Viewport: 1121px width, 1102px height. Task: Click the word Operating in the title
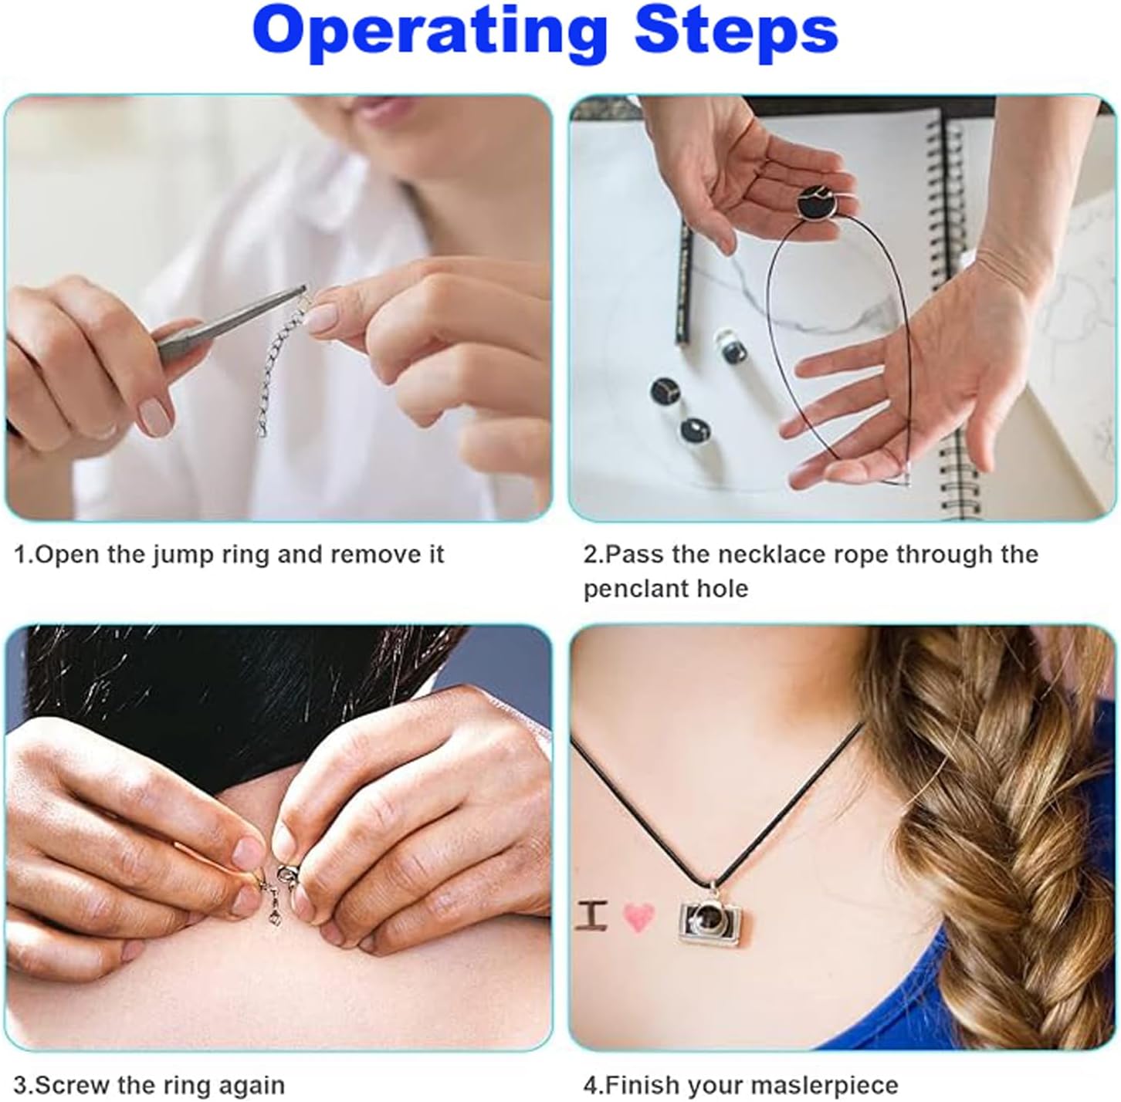[431, 35]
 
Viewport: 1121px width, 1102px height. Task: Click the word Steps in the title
[737, 31]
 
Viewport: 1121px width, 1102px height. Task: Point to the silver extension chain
[280, 367]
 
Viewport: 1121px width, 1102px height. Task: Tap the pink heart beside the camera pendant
[638, 917]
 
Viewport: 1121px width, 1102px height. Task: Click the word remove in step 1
[370, 556]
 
